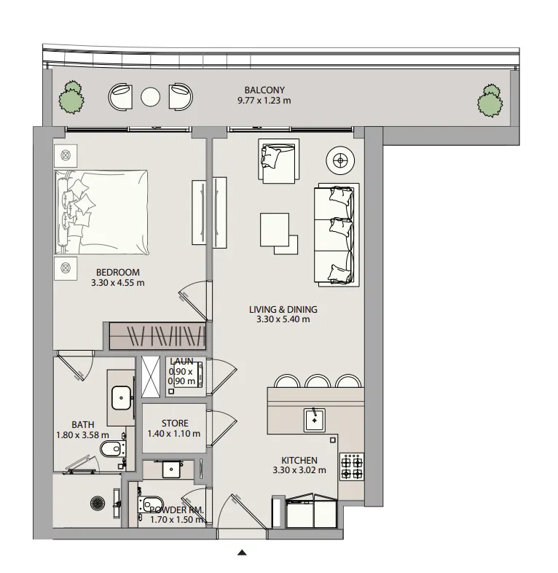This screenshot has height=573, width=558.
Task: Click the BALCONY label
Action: pyautogui.click(x=264, y=90)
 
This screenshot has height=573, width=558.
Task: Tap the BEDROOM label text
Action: pyautogui.click(x=117, y=272)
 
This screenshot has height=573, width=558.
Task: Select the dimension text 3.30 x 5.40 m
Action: pyautogui.click(x=283, y=319)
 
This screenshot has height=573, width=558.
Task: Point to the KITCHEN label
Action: pyautogui.click(x=299, y=461)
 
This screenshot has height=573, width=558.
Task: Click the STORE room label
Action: pyautogui.click(x=175, y=424)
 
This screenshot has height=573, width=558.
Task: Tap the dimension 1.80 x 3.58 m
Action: pyautogui.click(x=82, y=435)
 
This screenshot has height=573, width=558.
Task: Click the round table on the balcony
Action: pyautogui.click(x=151, y=97)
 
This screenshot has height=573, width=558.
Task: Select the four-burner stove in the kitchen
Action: pyautogui.click(x=352, y=467)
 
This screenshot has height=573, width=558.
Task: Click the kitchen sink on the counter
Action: pyautogui.click(x=315, y=420)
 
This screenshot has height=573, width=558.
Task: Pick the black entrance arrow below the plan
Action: pyautogui.click(x=242, y=552)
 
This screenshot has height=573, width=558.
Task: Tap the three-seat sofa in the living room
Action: pyautogui.click(x=337, y=235)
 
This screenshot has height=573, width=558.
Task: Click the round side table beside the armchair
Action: pyautogui.click(x=340, y=160)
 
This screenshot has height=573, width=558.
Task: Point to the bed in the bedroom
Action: pyautogui.click(x=101, y=212)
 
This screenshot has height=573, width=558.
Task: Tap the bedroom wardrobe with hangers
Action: pyautogui.click(x=157, y=335)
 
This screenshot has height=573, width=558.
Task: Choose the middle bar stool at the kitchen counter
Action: pyautogui.click(x=318, y=381)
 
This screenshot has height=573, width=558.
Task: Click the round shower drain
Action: pyautogui.click(x=98, y=503)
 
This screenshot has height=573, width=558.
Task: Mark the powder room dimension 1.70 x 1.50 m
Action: pyautogui.click(x=177, y=520)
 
